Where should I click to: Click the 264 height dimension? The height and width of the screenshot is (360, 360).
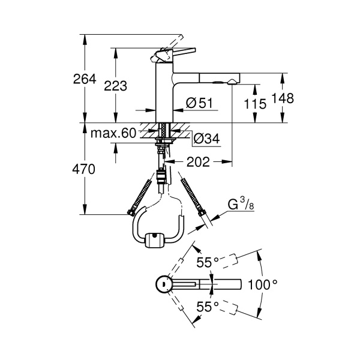(85, 79)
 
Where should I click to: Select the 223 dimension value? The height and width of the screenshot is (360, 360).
(115, 86)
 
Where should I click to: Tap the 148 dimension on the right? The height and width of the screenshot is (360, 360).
(283, 98)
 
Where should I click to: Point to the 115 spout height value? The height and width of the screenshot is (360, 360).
(255, 104)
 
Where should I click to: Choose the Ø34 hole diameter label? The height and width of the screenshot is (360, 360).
(206, 138)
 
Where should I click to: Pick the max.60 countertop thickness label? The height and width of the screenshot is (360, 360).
(113, 133)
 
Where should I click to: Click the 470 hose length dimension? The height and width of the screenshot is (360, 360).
(83, 169)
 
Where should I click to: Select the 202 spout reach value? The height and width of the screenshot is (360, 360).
(198, 162)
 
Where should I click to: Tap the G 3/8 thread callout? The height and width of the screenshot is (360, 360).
(241, 205)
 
